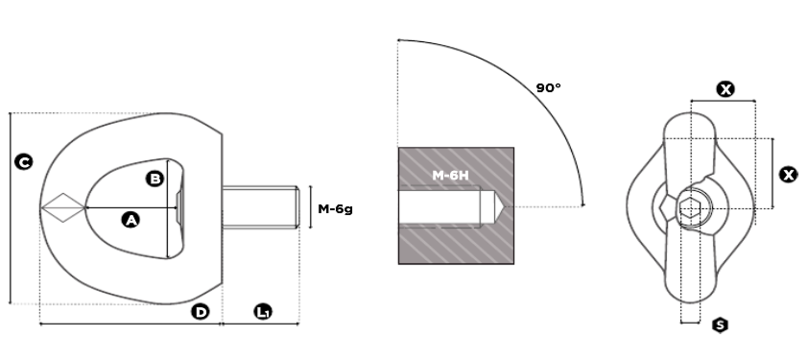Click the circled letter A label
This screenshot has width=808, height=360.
point(131,220)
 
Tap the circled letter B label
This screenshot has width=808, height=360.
point(155,179)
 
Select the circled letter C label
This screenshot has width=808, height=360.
point(24,162)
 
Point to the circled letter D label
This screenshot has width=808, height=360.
point(201,311)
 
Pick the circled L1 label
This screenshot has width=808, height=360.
point(263,311)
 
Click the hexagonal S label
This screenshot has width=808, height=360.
point(721,324)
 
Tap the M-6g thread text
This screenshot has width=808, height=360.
point(336,209)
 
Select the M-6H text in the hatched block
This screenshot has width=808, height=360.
point(451,176)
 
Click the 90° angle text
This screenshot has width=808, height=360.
point(548,87)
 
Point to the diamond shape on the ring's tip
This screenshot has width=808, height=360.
point(63,208)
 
